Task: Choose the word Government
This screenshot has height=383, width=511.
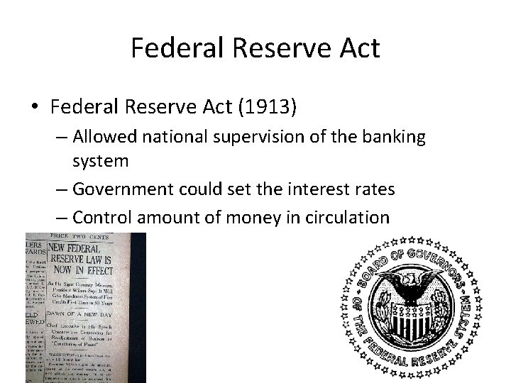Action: [126, 190]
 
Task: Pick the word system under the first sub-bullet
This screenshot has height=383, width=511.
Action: [101, 161]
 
